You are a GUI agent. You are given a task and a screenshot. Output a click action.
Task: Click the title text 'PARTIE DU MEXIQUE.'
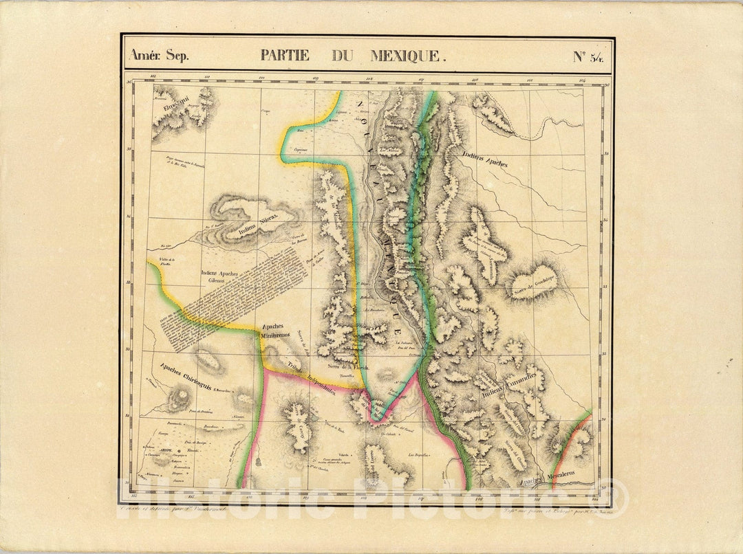(x=353, y=56)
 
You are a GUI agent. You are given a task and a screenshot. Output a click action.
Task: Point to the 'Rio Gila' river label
(x=164, y=244)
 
